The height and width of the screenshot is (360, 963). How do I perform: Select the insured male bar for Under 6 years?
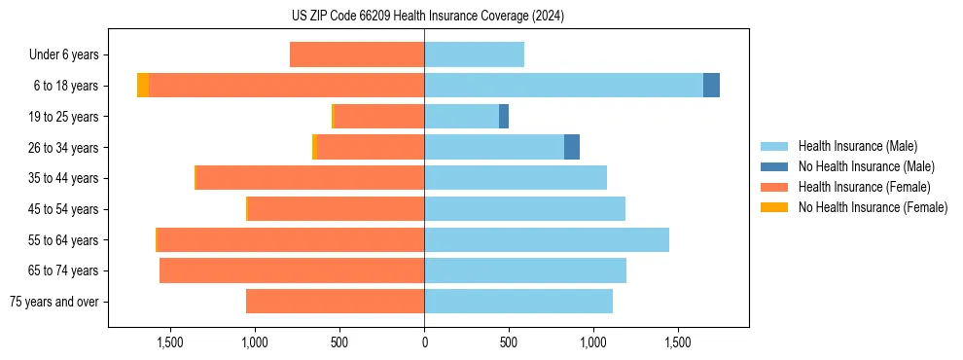474,54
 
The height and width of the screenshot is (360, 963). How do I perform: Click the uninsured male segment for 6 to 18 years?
711,86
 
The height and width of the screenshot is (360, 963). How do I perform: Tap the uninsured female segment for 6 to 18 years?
143,86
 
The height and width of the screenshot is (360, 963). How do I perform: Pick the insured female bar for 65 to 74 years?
292,270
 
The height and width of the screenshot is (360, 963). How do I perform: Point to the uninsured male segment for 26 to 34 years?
572,147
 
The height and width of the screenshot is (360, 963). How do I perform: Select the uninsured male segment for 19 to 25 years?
504,117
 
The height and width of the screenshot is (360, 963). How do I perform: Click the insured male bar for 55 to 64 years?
547,240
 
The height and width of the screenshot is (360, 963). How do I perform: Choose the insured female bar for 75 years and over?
335,302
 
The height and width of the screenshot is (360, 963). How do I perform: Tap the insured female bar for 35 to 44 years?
310,178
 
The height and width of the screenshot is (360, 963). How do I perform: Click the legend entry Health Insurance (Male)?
857,146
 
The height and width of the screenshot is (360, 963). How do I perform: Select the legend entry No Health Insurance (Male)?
866,166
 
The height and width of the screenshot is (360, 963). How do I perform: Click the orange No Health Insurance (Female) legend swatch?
774,207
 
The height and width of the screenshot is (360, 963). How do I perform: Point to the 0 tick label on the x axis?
424,343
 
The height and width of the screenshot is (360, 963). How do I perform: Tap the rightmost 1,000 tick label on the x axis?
593,343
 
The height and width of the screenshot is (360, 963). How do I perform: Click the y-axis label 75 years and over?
54,302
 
